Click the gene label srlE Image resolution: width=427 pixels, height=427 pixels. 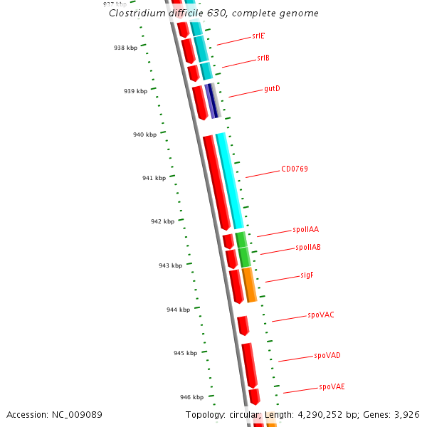(258, 35)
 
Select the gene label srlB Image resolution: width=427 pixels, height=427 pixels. (263, 58)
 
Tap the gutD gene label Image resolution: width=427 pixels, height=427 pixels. (272, 88)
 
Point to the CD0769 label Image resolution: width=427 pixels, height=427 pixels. (295, 169)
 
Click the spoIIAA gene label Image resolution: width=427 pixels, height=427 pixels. (306, 229)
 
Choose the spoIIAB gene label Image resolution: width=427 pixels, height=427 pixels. (308, 247)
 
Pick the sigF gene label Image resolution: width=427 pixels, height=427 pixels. (307, 274)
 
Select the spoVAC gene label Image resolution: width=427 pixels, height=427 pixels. (321, 314)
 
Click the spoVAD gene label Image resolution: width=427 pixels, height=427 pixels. (327, 355)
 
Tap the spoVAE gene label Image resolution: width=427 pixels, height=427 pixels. (332, 386)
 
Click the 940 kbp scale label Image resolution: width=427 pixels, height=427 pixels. (144, 135)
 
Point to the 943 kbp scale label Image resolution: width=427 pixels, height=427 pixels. (170, 265)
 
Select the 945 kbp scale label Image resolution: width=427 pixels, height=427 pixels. (185, 353)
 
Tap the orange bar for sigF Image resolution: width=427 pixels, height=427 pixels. (249, 285)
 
